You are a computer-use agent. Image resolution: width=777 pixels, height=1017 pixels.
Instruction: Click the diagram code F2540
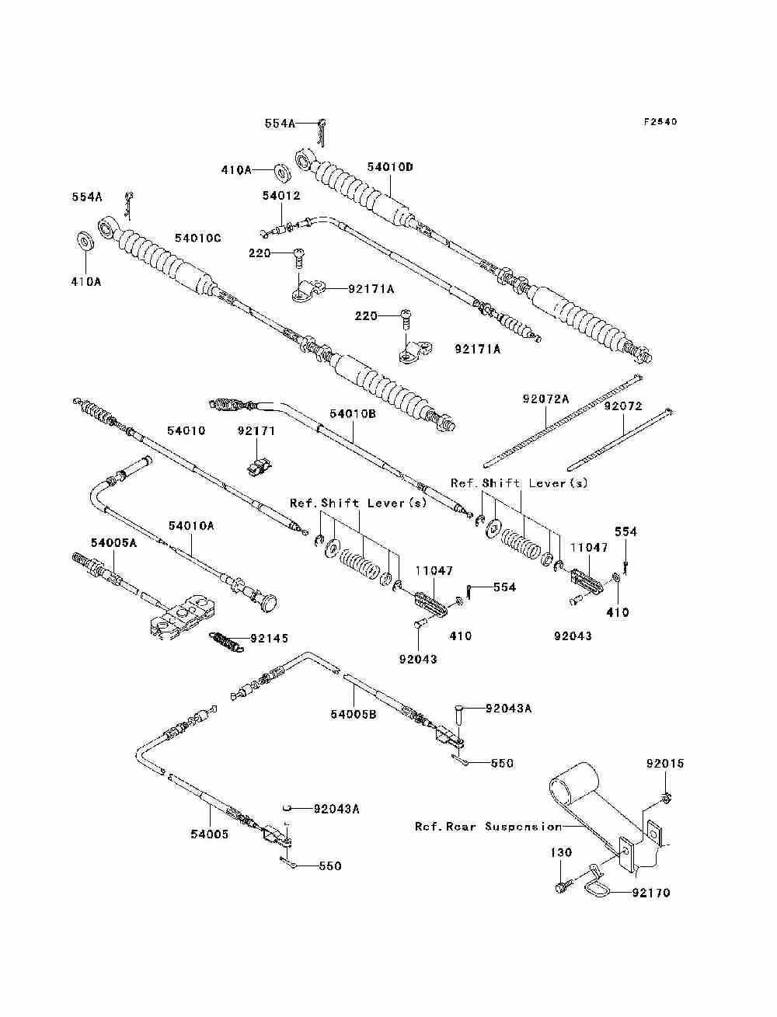(660, 121)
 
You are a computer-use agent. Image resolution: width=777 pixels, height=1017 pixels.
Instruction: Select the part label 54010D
(389, 167)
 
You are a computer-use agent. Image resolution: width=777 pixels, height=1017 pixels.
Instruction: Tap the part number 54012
(281, 196)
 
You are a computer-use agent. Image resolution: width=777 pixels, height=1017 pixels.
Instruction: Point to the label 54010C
(198, 239)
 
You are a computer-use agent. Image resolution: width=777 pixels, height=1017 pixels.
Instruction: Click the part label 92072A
(545, 399)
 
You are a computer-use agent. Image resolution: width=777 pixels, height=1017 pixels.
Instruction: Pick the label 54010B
(353, 413)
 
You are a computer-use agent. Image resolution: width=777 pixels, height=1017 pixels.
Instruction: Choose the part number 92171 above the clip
(256, 431)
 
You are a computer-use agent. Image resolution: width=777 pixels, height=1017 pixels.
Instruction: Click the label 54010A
(191, 526)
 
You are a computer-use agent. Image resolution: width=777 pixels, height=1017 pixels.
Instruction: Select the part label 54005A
(113, 542)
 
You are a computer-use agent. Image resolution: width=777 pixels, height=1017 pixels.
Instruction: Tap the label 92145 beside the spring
(269, 638)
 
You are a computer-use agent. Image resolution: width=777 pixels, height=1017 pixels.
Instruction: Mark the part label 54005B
(353, 714)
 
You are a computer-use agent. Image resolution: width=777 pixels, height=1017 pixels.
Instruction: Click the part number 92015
(665, 763)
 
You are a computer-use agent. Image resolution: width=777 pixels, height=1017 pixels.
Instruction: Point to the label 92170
(651, 893)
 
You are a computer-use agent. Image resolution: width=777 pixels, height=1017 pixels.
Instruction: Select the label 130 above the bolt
(561, 852)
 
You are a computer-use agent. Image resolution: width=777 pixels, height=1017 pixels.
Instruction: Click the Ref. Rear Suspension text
(488, 826)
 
